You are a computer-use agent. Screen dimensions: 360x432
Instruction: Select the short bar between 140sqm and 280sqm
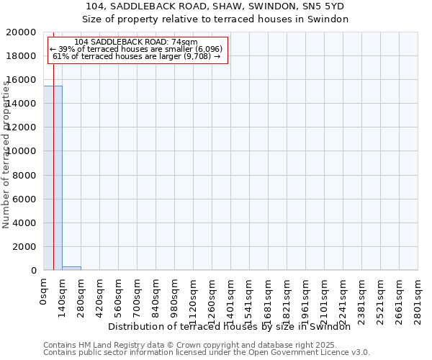(71, 268)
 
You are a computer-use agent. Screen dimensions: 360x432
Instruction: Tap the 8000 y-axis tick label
(24, 175)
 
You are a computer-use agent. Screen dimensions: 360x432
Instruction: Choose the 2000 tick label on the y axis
(24, 246)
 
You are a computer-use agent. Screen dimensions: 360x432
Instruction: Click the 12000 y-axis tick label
(21, 127)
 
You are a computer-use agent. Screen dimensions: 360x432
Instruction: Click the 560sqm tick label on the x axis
(119, 295)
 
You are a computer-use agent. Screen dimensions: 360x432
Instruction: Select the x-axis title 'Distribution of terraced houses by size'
(233, 327)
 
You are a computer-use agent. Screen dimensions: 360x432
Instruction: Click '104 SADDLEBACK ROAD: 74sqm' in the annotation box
(135, 42)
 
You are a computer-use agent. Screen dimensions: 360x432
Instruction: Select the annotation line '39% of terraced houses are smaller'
(137, 49)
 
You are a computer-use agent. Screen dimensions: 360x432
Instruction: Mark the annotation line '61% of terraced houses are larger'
(137, 56)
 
